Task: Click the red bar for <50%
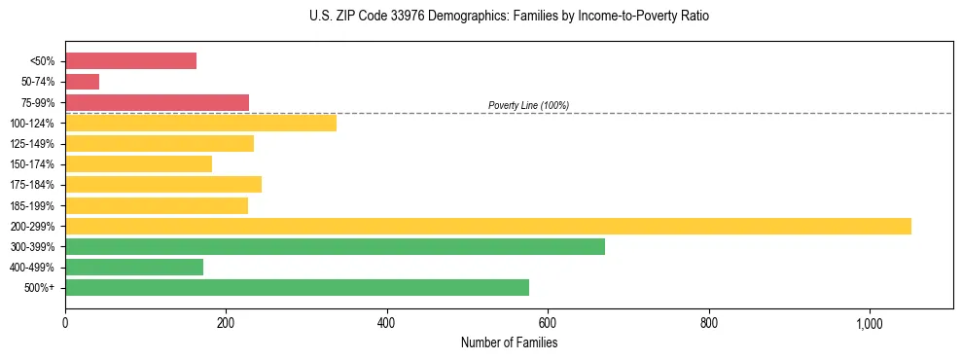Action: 130,61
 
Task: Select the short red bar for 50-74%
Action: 82,82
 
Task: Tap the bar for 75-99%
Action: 157,102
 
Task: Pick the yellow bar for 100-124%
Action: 200,123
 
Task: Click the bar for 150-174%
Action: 138,163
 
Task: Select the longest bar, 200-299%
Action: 487,226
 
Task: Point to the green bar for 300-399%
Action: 335,246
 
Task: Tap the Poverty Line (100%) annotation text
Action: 528,105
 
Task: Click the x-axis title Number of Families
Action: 509,342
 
